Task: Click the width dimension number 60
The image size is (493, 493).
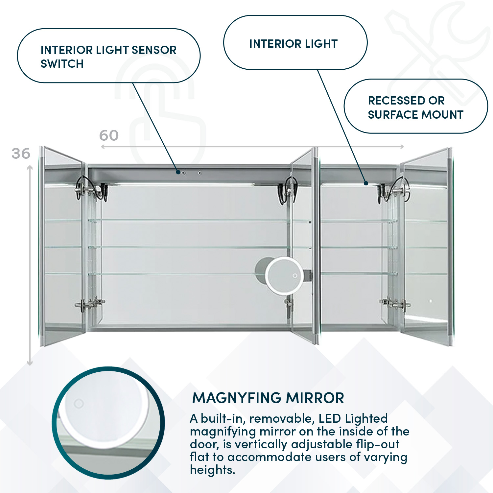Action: tap(109, 135)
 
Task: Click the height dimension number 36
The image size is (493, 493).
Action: tap(21, 153)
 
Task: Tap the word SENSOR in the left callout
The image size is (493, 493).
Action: tap(154, 50)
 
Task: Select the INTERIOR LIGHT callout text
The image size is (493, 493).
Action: tap(293, 44)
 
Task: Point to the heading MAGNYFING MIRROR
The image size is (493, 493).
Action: tap(268, 398)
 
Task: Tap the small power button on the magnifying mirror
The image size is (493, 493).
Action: tap(295, 275)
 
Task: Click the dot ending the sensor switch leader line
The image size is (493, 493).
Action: tap(178, 172)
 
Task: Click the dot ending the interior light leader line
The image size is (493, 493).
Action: tap(365, 183)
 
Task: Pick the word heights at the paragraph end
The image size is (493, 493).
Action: tap(212, 470)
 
